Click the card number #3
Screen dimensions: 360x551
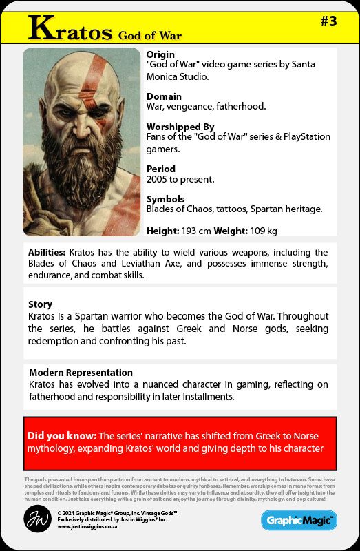328,21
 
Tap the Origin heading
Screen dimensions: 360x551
160,54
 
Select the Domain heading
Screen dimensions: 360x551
164,96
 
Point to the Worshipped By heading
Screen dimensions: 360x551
180,127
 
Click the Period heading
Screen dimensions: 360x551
161,169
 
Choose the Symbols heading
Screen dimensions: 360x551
165,199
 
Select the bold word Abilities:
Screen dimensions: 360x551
47,252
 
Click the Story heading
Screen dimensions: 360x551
40,304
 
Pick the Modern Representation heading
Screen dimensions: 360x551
81,373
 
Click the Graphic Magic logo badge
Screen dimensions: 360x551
299,520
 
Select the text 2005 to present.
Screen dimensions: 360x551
180,179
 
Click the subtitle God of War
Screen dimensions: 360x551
149,34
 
